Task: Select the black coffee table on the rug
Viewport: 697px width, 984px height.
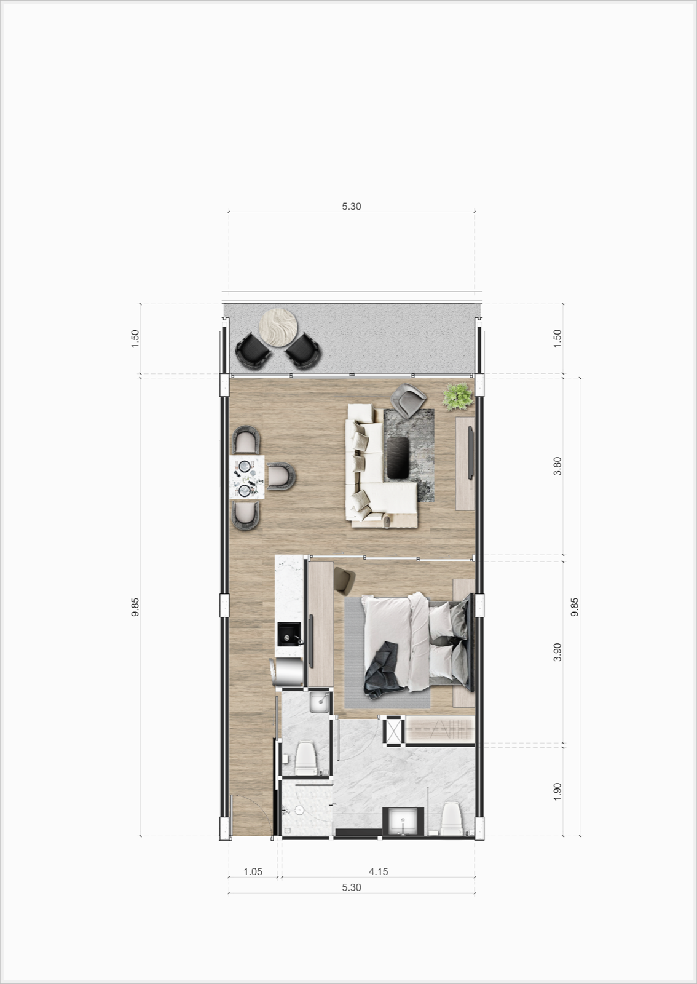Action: [398, 458]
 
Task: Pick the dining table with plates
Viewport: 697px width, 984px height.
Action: [247, 477]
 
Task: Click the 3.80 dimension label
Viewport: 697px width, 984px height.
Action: [557, 466]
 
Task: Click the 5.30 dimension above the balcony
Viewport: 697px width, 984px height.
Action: [352, 206]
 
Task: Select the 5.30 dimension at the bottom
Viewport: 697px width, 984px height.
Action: [352, 887]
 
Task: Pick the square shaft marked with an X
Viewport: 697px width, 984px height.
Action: [393, 731]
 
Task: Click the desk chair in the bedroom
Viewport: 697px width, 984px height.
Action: [345, 579]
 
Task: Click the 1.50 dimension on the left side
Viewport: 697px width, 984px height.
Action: [135, 339]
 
